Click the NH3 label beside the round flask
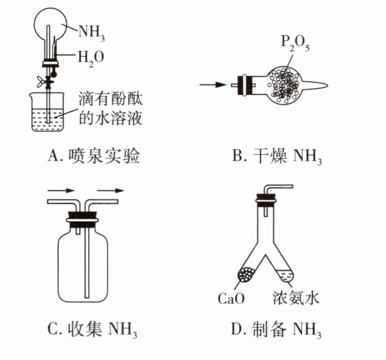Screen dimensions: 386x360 92,33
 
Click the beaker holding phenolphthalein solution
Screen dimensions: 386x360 48,112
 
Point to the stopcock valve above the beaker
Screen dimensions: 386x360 46,81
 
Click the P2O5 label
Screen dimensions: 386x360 295,43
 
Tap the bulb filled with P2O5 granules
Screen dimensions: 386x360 285,85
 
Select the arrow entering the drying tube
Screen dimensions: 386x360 213,85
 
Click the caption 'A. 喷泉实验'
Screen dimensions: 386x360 94,155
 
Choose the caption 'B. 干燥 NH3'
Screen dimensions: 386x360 277,156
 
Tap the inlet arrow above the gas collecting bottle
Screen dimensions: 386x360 61,190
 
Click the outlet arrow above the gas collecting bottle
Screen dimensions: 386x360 111,190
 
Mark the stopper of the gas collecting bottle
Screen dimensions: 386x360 82,220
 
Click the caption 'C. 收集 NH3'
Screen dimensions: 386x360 92,329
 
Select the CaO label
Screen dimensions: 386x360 231,298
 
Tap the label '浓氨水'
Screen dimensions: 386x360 295,298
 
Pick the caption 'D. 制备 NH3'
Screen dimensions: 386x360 276,329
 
